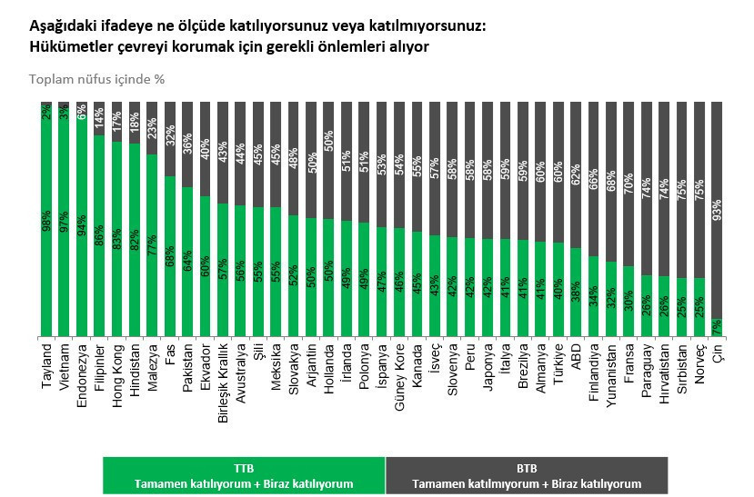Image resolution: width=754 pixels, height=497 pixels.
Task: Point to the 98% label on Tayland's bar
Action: pos(47,222)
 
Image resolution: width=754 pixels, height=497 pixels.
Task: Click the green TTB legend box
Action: pos(244,475)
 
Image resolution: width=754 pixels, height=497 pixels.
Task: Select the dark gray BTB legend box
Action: pos(527,475)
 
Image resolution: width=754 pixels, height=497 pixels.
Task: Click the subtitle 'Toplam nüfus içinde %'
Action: pos(96,79)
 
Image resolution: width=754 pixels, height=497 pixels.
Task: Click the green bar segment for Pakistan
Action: pos(187,263)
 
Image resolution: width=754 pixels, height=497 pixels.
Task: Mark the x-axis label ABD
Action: pos(576,356)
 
